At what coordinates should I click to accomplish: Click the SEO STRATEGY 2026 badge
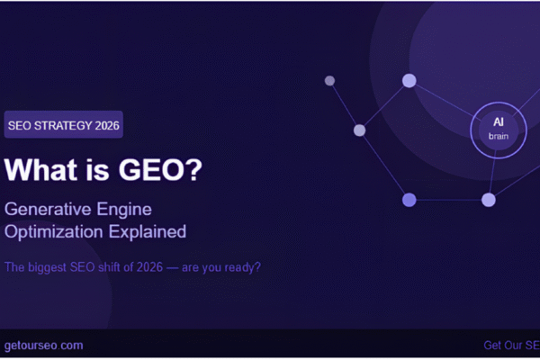point(63,124)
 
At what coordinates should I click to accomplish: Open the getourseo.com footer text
point(42,345)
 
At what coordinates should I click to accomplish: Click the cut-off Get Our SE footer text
point(511,345)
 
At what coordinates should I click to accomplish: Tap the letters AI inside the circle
point(498,121)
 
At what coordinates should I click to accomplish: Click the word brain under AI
point(498,136)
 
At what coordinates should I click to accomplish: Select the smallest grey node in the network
point(329,81)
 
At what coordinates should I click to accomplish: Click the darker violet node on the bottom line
point(409,200)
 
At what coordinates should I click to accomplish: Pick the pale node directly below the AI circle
point(489,200)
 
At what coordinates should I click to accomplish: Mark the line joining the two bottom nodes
point(448,200)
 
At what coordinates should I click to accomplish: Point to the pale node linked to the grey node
point(360,130)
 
